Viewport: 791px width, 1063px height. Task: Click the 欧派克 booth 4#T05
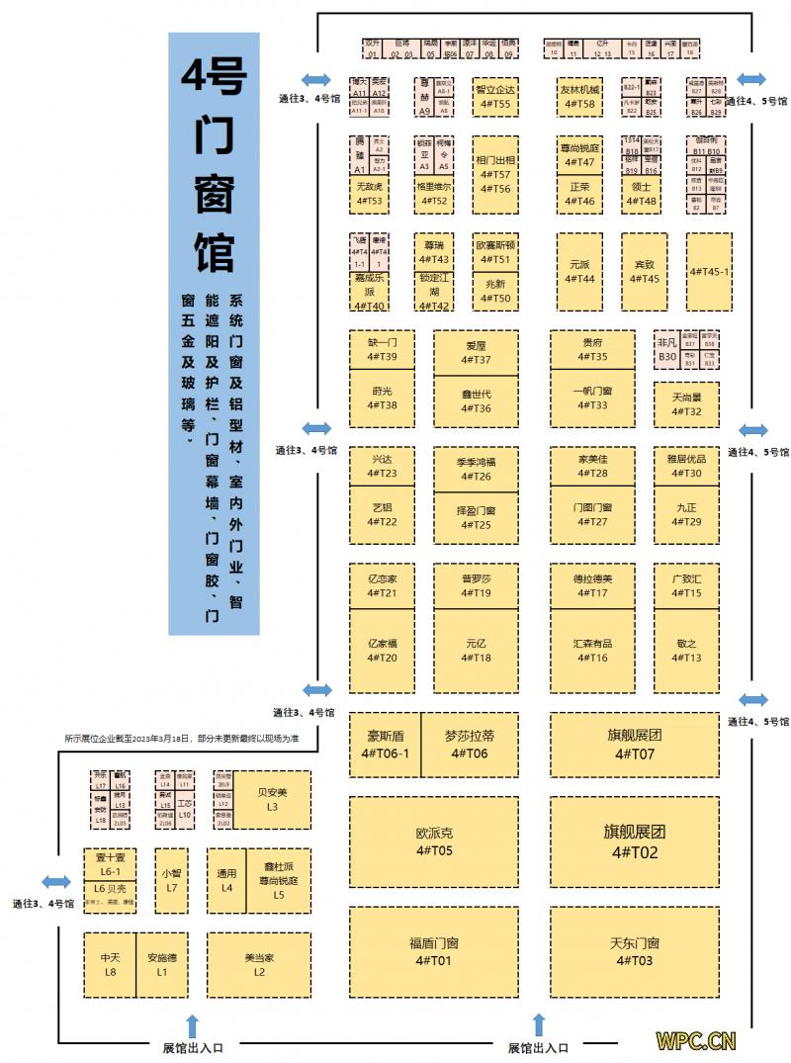click(434, 842)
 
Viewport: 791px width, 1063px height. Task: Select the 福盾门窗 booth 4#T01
click(434, 951)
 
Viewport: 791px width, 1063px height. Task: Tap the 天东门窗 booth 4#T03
click(633, 951)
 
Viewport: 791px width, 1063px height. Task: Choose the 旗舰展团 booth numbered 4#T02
click(633, 842)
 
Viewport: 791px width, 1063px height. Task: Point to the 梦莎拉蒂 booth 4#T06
click(470, 744)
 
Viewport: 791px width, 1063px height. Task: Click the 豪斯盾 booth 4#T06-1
click(386, 744)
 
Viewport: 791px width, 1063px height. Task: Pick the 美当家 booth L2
click(259, 964)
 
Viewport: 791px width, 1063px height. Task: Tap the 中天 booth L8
click(110, 964)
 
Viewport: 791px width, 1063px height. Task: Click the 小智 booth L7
click(171, 880)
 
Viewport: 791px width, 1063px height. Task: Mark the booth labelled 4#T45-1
click(709, 272)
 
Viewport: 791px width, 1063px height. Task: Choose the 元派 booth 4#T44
click(579, 272)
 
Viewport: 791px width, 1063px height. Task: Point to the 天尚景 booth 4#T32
click(686, 404)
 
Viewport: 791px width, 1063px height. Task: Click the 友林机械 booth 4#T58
click(579, 97)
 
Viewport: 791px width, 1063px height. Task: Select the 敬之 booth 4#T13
click(686, 650)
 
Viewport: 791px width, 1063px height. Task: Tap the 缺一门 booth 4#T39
click(382, 348)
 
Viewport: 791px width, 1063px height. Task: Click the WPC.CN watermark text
click(696, 1040)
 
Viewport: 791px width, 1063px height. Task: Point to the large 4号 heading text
click(214, 77)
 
